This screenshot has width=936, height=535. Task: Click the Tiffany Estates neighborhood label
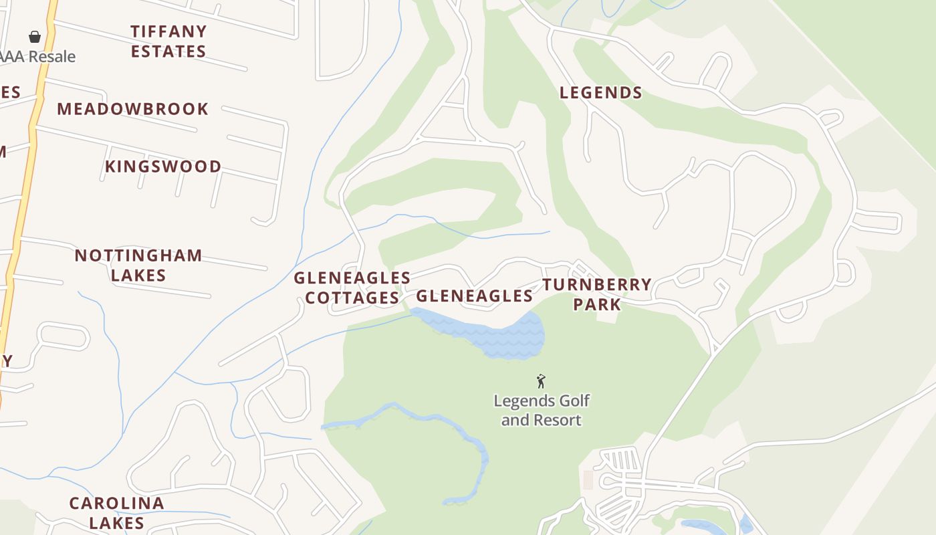click(x=168, y=41)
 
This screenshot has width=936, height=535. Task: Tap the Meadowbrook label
click(x=132, y=109)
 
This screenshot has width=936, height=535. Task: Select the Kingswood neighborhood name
click(x=163, y=167)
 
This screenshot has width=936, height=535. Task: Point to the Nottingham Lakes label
click(x=138, y=265)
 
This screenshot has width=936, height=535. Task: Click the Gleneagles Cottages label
click(x=352, y=288)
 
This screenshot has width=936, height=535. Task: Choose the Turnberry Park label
click(x=597, y=294)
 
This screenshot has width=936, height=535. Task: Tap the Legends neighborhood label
click(x=600, y=93)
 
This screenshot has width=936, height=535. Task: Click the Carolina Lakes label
click(x=117, y=512)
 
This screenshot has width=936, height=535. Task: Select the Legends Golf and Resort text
click(x=542, y=410)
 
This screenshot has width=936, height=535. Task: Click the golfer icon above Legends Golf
click(x=541, y=381)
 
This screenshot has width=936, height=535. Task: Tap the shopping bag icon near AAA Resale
click(x=35, y=37)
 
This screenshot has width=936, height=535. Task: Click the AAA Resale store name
click(x=37, y=57)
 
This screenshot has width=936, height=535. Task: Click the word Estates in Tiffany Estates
click(x=168, y=51)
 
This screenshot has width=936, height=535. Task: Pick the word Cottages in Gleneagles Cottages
click(x=352, y=298)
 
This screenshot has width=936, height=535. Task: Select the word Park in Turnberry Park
click(x=597, y=304)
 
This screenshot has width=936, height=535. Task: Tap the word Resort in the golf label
click(x=559, y=420)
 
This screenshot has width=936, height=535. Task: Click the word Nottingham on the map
click(x=138, y=255)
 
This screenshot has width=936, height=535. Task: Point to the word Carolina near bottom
click(x=117, y=503)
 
